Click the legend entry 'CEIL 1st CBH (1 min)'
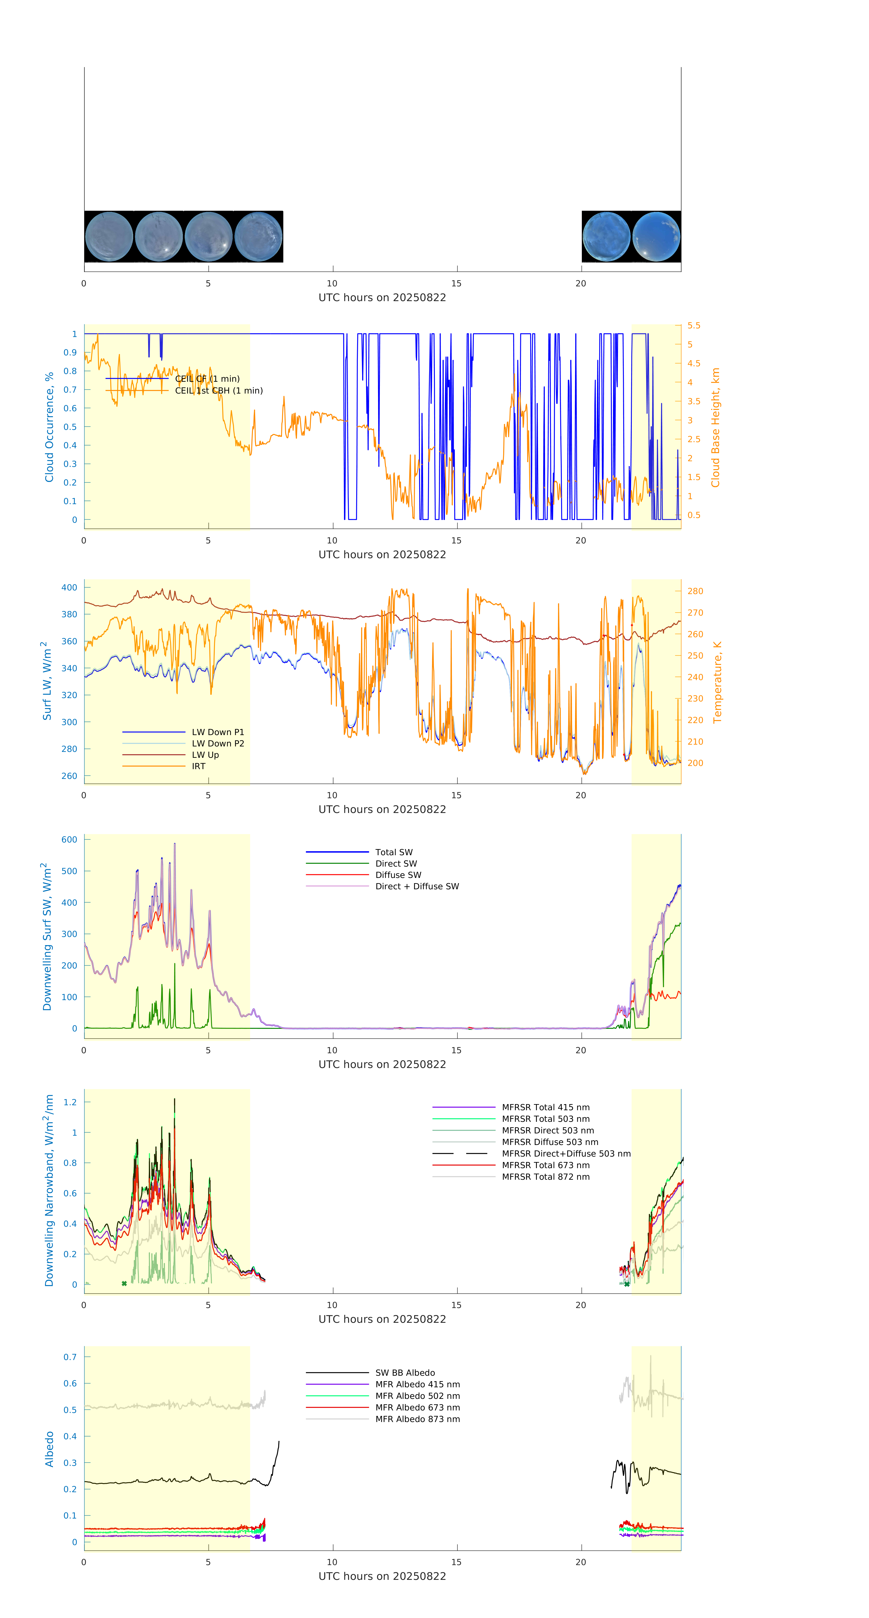pyautogui.click(x=219, y=391)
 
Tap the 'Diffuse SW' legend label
pyautogui.click(x=398, y=875)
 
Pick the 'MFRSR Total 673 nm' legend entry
pyautogui.click(x=545, y=1165)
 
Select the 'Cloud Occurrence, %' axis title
pyautogui.click(x=49, y=427)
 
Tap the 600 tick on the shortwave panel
pyautogui.click(x=69, y=840)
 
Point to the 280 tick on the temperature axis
pyautogui.click(x=695, y=591)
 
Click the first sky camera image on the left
pyautogui.click(x=109, y=237)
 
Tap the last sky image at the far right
pyautogui.click(x=656, y=237)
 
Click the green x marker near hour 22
pyautogui.click(x=626, y=1284)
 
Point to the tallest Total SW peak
pyautogui.click(x=175, y=844)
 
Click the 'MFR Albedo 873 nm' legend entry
pyautogui.click(x=417, y=1419)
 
